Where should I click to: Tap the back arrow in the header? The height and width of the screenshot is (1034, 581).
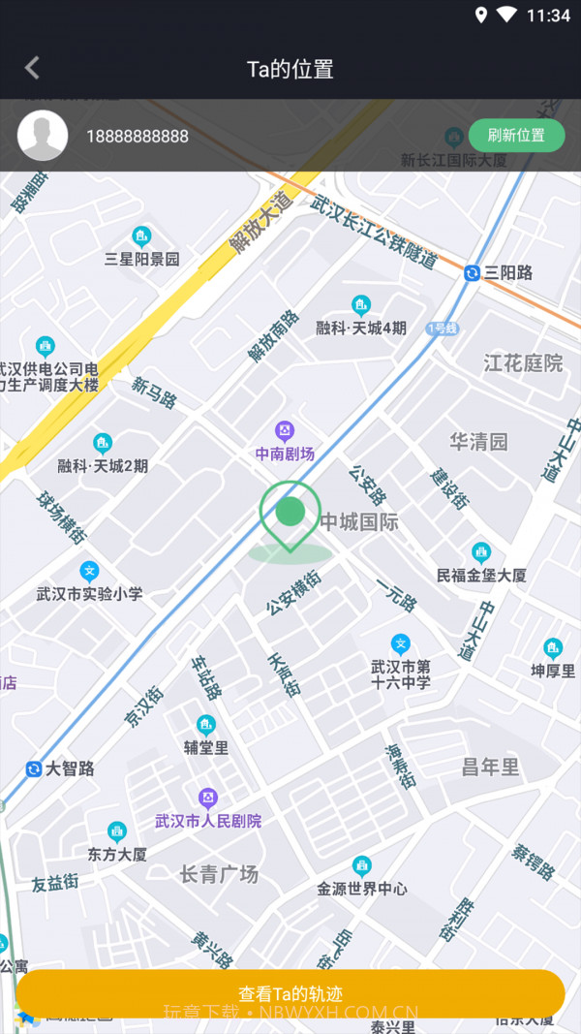coord(32,68)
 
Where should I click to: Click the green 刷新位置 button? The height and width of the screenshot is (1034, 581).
coord(516,136)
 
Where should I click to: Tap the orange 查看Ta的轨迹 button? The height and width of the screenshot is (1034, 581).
coord(290,993)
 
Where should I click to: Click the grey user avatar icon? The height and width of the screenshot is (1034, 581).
coord(43,136)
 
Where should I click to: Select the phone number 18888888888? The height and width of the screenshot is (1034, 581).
coord(138,137)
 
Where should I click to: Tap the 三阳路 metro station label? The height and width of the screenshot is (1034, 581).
coord(508,273)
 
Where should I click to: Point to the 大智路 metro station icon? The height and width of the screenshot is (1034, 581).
coord(34,768)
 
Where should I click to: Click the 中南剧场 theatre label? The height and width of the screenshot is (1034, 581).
coord(285,454)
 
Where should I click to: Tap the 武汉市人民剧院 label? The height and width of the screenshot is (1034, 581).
coord(208,821)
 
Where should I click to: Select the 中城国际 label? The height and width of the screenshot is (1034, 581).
coord(359,522)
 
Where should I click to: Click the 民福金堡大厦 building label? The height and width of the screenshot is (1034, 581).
coord(481,575)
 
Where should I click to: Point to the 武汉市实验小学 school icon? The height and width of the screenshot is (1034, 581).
coord(89,572)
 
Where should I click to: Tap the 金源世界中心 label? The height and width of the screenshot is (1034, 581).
coord(362,888)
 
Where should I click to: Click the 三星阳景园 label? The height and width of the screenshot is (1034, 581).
coord(142,259)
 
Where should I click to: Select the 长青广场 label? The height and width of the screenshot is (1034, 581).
coord(219,874)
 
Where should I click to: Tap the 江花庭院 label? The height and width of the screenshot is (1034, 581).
coord(523,363)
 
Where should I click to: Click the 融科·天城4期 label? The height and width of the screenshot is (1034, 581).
coord(361,328)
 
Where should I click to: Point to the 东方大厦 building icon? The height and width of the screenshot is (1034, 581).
coord(117,831)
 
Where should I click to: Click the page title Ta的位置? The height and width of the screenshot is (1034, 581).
coord(290,69)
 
